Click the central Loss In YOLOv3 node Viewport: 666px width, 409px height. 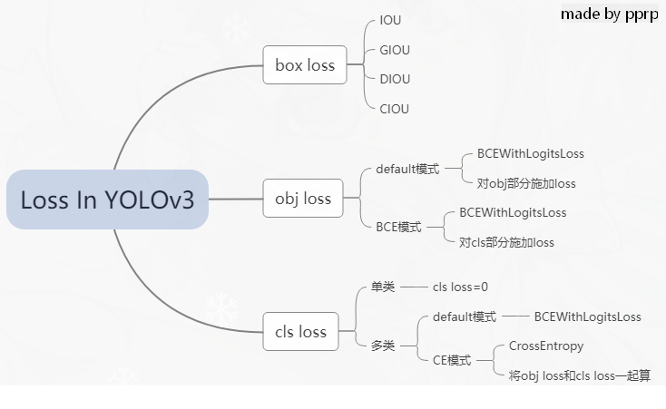click(107, 200)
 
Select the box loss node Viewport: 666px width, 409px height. click(305, 64)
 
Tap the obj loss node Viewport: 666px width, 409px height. click(303, 199)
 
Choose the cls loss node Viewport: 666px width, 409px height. click(300, 332)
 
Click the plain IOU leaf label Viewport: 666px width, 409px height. click(391, 20)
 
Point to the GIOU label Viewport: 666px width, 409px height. click(395, 50)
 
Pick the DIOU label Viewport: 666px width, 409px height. click(395, 79)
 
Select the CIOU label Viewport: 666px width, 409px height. click(395, 109)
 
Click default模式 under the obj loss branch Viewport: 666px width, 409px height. click(407, 169)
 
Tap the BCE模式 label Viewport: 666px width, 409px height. click(398, 228)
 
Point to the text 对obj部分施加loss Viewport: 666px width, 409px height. click(526, 183)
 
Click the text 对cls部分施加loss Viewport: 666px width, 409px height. click(506, 242)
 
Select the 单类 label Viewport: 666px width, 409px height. click(383, 287)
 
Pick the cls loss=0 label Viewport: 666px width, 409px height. click(460, 287)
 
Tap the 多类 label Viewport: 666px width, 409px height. click(383, 346)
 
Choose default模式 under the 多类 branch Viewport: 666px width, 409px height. click(465, 316)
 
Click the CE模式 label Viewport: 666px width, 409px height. click(452, 360)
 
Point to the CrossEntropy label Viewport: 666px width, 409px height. click(546, 346)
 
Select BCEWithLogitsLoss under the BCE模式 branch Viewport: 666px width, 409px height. click(513, 212)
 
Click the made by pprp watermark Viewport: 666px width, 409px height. click(609, 14)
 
